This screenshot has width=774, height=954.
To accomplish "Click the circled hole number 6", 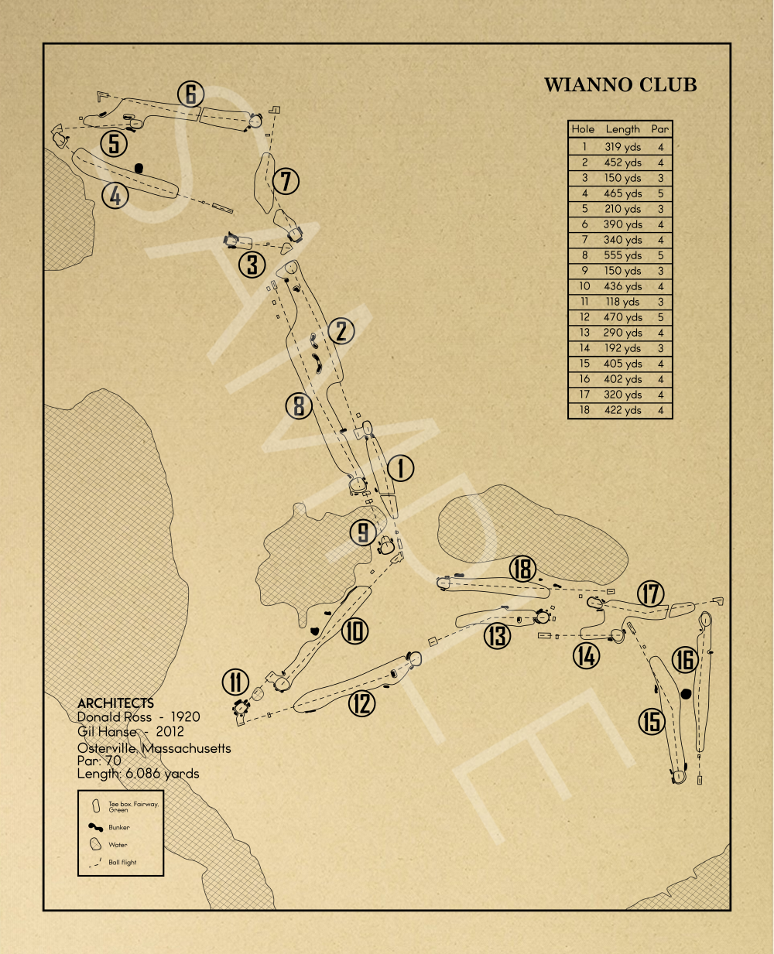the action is [x=191, y=94].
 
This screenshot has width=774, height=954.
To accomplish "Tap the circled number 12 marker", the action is [x=361, y=703].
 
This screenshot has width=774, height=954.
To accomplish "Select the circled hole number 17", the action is [x=651, y=594].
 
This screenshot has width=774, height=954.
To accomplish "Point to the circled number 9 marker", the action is [x=363, y=532].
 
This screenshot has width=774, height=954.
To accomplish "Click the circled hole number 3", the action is [x=252, y=265].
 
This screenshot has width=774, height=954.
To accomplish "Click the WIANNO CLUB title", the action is [x=621, y=85].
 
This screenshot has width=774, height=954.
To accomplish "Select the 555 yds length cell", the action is [x=622, y=255].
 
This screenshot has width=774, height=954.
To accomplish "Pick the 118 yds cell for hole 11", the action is [x=622, y=302].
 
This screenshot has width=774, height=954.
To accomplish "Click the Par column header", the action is [x=660, y=129].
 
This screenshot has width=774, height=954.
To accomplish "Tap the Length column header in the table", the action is [x=622, y=129].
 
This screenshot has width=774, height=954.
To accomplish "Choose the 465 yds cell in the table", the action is [x=622, y=193].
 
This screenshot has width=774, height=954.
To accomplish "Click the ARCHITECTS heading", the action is [x=115, y=703].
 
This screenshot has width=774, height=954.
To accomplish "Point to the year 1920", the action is [x=186, y=717].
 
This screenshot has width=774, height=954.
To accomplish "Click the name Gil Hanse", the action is [x=107, y=732].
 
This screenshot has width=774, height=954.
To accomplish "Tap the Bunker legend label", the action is [x=119, y=827].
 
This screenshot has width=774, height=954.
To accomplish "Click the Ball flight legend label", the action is [x=122, y=862].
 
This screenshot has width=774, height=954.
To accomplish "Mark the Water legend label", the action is [x=118, y=845].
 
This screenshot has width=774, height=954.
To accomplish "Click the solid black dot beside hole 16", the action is [x=686, y=694].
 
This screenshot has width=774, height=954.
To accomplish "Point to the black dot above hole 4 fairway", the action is [x=139, y=169].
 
